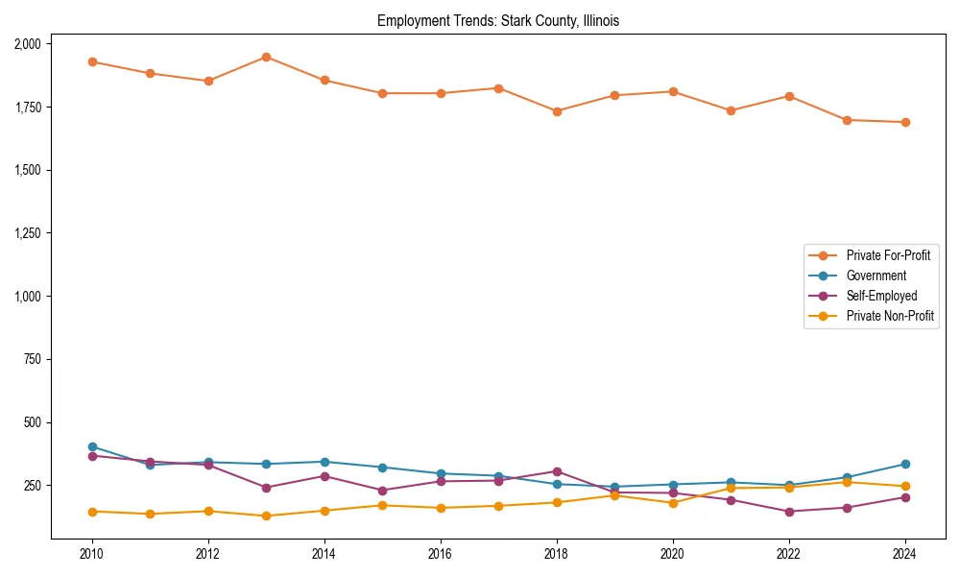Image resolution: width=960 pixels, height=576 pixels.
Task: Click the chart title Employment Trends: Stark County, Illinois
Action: (498, 20)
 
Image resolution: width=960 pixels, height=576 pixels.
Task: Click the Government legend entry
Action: (876, 276)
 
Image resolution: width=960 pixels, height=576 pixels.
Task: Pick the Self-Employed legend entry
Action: (881, 296)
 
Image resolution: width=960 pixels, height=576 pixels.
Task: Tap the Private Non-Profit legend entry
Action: (890, 316)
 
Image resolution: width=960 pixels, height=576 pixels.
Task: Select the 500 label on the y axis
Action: (32, 422)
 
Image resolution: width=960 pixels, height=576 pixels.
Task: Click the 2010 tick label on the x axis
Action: (92, 554)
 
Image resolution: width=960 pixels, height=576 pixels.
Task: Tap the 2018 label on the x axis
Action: (557, 554)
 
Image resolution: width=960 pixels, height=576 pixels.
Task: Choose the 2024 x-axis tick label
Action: (905, 554)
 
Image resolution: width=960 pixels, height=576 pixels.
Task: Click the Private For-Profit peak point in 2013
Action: (266, 57)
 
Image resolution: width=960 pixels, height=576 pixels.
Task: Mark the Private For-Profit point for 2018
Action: (557, 111)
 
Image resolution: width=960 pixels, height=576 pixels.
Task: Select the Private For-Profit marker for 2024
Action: (905, 122)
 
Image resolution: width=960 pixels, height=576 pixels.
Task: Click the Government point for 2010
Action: (92, 446)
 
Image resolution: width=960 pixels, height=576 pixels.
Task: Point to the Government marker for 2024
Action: (905, 464)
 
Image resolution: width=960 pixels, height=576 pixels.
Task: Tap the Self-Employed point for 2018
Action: (557, 471)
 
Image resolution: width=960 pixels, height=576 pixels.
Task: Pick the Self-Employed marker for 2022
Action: (789, 512)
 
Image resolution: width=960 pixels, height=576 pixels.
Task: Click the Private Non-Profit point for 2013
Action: (266, 516)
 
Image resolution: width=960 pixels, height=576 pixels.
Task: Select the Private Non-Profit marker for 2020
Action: (673, 503)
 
